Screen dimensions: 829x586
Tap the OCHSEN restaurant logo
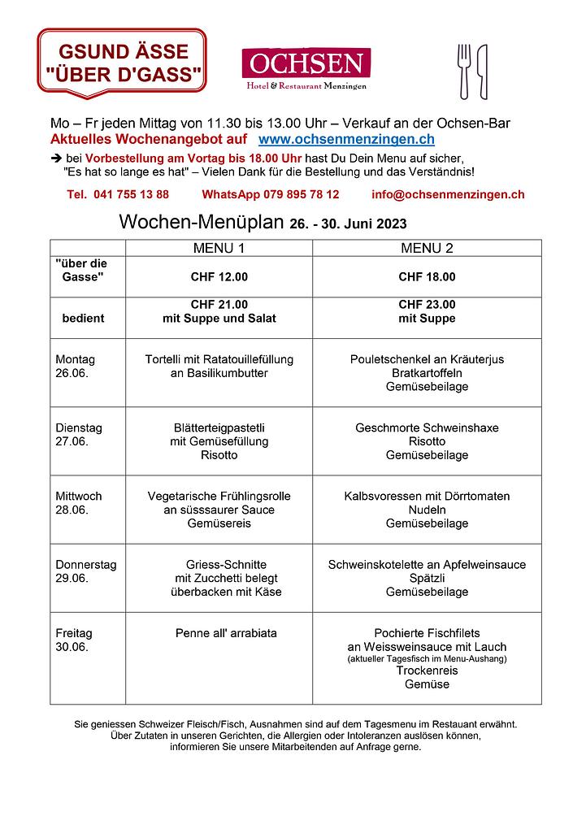click(306, 68)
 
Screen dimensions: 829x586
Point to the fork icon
click(465, 71)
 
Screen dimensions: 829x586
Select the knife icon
click(482, 71)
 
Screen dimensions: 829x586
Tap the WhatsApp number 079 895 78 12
click(271, 194)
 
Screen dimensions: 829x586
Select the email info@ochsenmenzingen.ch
click(448, 194)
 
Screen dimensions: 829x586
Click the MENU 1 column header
click(219, 248)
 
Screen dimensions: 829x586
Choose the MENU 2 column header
click(427, 248)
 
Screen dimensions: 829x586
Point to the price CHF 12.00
click(219, 277)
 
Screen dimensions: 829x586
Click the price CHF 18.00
click(427, 277)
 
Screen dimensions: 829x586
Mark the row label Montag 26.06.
click(76, 366)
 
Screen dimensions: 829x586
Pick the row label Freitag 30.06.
click(74, 640)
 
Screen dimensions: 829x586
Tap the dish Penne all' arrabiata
click(226, 633)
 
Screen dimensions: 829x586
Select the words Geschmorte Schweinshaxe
click(427, 428)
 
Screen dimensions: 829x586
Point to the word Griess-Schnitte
click(220, 564)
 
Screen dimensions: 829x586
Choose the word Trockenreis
click(427, 671)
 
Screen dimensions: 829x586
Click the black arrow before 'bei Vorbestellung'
click(56, 158)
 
